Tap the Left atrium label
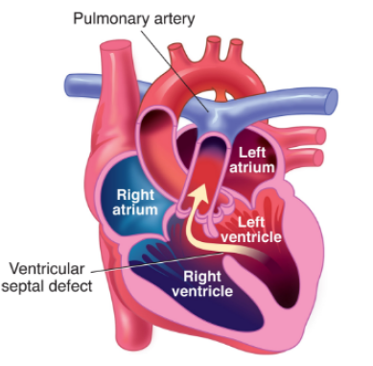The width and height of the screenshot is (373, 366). (253, 158)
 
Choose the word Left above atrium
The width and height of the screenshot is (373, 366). (253, 150)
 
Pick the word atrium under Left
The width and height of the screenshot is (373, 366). (253, 166)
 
